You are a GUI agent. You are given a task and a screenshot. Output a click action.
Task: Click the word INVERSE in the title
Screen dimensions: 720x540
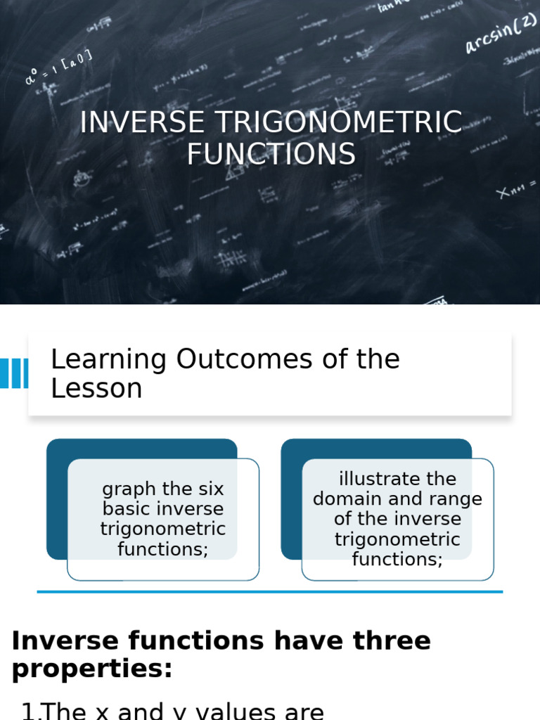(143, 123)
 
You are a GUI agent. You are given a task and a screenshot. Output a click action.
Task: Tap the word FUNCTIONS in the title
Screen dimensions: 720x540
(271, 155)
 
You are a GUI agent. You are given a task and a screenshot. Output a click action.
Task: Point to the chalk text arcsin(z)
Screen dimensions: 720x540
(500, 34)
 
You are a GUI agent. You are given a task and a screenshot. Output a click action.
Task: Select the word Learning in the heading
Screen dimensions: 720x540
(108, 359)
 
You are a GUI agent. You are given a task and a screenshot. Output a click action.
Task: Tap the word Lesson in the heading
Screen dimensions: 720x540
(96, 389)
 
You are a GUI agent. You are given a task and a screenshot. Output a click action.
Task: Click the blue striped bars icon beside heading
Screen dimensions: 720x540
(13, 373)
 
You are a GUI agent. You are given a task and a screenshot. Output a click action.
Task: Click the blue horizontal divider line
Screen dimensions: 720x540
(270, 592)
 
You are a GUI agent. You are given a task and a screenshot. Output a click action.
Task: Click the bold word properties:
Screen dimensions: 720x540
(92, 669)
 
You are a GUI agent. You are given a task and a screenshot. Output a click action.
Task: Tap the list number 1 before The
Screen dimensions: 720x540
(28, 712)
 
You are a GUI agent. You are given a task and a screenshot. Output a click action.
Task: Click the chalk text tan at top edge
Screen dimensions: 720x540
(389, 8)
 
